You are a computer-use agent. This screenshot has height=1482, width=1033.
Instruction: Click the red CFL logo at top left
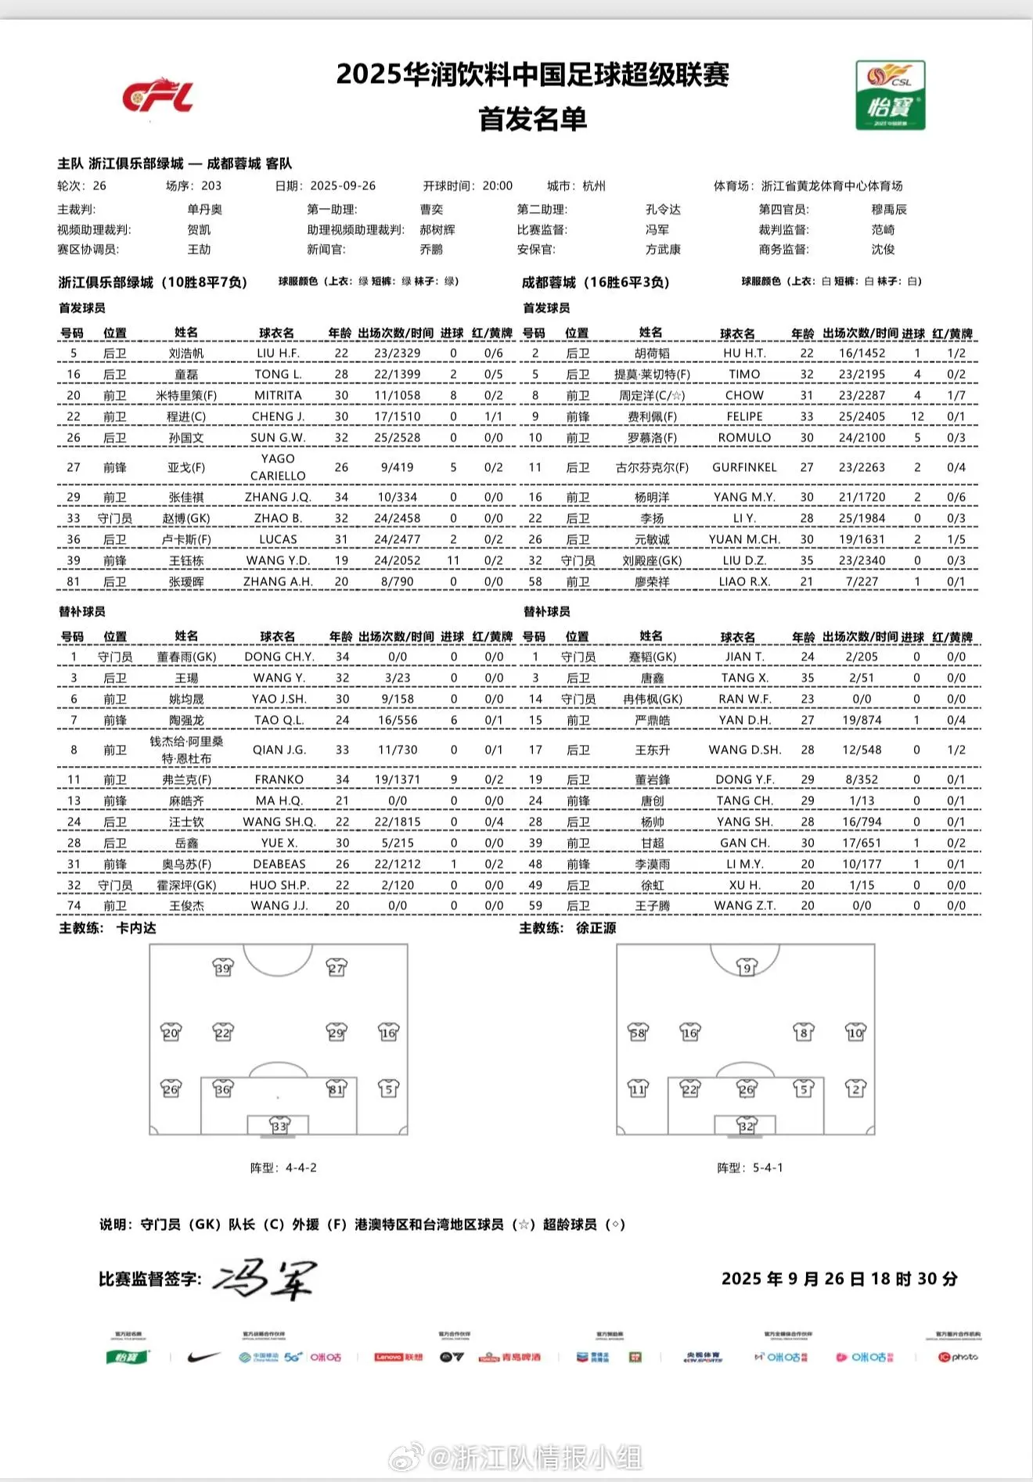157,96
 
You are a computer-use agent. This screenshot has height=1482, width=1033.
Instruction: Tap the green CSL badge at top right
891,95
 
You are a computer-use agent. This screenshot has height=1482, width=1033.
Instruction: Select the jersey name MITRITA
278,395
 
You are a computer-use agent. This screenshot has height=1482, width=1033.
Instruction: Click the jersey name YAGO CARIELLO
278,467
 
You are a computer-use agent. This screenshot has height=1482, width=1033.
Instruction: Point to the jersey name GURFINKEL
744,467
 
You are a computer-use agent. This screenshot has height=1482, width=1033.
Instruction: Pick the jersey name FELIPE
744,416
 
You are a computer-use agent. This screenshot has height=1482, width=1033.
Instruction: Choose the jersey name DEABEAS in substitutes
279,864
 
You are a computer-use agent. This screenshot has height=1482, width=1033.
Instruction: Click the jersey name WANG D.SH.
745,750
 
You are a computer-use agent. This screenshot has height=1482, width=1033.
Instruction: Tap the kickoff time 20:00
498,185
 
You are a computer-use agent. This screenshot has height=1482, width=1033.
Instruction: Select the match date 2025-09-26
343,185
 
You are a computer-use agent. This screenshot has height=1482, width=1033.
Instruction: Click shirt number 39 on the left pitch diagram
223,968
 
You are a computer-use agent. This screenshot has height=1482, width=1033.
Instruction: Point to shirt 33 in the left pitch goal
279,1126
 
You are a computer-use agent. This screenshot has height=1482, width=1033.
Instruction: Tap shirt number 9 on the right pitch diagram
747,968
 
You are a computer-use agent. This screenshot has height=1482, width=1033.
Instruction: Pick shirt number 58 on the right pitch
639,1032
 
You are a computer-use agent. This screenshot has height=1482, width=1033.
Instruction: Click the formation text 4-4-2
301,1167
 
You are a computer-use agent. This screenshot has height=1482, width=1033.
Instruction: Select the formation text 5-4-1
768,1167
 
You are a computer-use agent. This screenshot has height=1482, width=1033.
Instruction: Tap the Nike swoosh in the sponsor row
203,1357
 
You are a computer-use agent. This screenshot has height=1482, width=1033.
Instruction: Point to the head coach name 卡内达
136,928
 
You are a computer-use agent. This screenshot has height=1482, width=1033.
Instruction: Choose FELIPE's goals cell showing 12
917,416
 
